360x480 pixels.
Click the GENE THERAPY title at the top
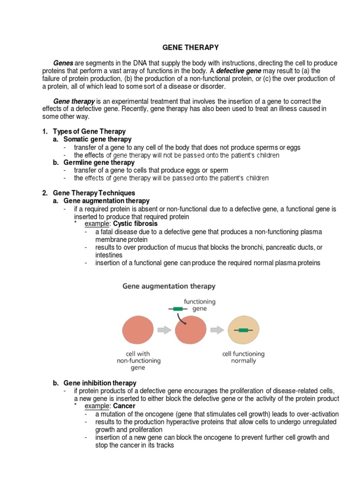[x=190, y=47]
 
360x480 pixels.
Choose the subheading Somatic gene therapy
[x=97, y=139]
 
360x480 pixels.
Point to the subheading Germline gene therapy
[x=99, y=162]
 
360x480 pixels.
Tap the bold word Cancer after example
[x=124, y=406]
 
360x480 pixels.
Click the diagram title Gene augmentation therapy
[x=169, y=285]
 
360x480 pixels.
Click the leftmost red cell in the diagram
[x=138, y=330]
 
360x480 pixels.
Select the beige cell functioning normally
[x=243, y=330]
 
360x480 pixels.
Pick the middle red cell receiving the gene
[x=190, y=330]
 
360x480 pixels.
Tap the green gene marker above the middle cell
[x=177, y=309]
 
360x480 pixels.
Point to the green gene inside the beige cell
[x=243, y=330]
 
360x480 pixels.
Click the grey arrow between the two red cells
[x=164, y=330]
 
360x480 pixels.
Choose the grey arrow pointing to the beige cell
[x=217, y=330]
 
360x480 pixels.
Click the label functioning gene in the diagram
[x=200, y=305]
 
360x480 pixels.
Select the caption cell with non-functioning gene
[x=138, y=361]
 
